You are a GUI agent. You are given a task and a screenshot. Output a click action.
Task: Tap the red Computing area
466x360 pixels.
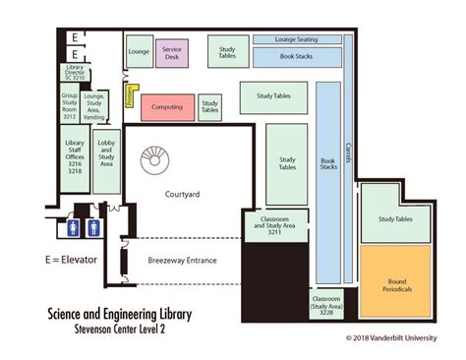click(x=167, y=106)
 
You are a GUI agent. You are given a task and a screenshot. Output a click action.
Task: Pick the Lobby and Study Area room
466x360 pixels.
click(x=106, y=159)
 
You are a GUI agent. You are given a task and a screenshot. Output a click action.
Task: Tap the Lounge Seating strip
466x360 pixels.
click(x=298, y=39)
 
